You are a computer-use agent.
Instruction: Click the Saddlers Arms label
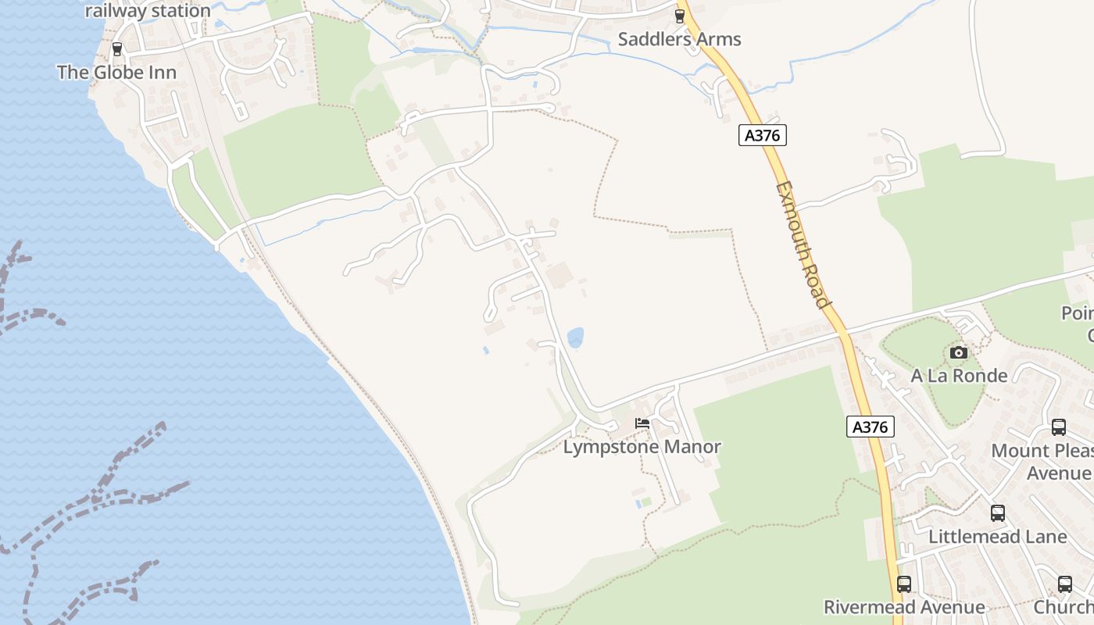679,39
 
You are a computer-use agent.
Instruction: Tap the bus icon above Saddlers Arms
679,16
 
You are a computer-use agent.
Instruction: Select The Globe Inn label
116,73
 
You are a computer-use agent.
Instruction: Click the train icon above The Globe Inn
117,48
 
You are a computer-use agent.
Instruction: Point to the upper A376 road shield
762,135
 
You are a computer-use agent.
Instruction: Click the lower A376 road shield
870,427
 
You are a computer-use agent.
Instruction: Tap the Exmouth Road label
803,245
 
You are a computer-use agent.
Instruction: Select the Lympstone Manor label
642,448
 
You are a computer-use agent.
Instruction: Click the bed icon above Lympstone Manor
642,423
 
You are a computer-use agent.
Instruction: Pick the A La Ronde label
959,376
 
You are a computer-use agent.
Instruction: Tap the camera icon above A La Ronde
959,353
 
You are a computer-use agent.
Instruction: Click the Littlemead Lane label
997,537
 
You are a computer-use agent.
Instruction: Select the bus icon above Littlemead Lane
998,513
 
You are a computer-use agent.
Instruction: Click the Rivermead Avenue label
904,607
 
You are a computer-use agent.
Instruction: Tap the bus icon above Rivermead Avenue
904,584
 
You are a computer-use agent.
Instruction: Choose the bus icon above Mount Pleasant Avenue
1059,427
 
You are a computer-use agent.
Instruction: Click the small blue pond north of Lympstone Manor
575,337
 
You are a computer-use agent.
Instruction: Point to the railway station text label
148,11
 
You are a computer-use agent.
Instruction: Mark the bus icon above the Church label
1065,584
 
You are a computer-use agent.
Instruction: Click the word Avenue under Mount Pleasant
1059,473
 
